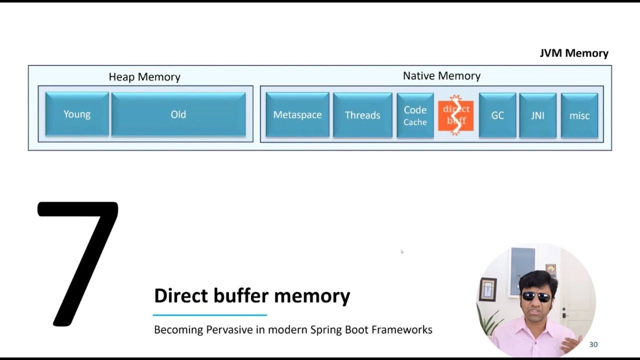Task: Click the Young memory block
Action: click(x=77, y=114)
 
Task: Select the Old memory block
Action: click(x=178, y=114)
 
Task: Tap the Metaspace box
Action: click(x=297, y=115)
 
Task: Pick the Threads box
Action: click(x=362, y=115)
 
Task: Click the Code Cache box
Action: click(x=415, y=115)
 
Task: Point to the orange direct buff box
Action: click(x=455, y=115)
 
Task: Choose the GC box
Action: click(x=497, y=115)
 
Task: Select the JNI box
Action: click(x=537, y=115)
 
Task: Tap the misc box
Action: click(x=579, y=115)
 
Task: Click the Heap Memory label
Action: click(x=144, y=77)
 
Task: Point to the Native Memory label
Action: click(x=441, y=76)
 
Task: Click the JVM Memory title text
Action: click(x=574, y=53)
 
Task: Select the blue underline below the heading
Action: click(x=210, y=315)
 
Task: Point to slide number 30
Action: click(x=593, y=344)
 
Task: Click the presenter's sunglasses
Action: click(x=536, y=296)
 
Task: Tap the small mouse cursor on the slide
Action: click(x=402, y=252)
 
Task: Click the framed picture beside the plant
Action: click(x=487, y=289)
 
